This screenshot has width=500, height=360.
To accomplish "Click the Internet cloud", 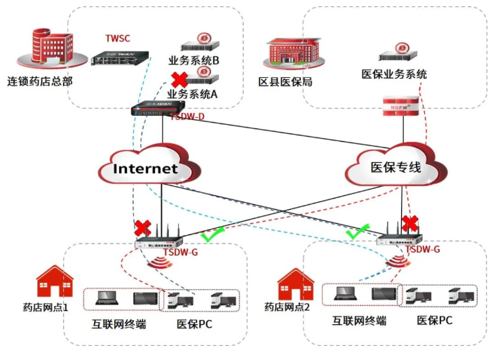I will coord(147,168).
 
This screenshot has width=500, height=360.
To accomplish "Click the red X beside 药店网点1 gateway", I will coord(143,228).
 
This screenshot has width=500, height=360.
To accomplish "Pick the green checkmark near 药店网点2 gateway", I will coord(358,232).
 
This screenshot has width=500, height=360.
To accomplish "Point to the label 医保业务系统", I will coord(394,74).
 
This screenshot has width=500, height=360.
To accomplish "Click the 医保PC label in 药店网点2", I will coord(435,321).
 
